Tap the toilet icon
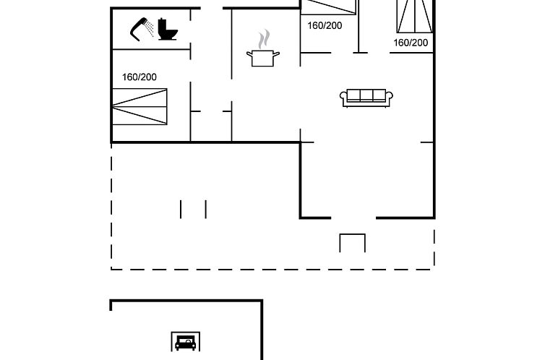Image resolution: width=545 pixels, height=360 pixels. (168, 30)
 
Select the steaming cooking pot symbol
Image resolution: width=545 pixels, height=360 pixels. (263, 48)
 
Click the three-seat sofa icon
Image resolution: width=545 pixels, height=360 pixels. (366, 98)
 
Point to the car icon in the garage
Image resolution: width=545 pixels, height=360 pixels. (186, 343)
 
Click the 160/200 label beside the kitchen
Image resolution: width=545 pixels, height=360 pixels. (325, 25)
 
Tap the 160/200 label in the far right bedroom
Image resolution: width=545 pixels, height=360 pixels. (411, 43)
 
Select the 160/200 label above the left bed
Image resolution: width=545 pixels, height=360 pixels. (140, 77)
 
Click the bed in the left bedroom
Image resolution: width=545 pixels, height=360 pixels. (140, 107)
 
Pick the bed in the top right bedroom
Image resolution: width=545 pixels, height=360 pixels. (415, 17)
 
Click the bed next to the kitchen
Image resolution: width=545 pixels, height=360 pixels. (329, 7)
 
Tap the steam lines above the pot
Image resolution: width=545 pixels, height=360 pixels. (264, 39)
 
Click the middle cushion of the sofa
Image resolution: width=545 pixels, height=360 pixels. (366, 95)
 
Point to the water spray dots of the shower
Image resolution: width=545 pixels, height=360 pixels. (150, 28)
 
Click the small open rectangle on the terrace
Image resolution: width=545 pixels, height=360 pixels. (353, 243)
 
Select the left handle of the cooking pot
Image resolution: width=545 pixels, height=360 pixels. (249, 54)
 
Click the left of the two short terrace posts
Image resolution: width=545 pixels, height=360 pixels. (181, 209)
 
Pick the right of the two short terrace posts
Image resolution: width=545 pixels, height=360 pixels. (206, 209)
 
